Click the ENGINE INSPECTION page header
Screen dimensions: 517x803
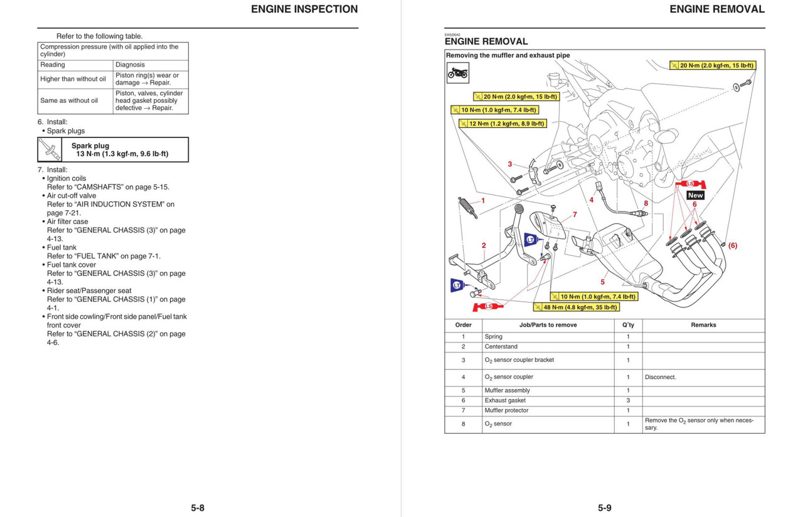point(304,9)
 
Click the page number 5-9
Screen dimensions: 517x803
point(604,508)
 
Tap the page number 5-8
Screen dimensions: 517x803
point(198,508)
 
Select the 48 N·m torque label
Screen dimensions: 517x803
point(576,307)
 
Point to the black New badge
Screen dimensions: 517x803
point(695,195)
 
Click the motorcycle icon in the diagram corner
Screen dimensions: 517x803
point(457,73)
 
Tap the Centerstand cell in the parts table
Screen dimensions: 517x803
point(501,346)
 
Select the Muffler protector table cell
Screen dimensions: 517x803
point(506,410)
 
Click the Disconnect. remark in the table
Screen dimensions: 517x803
point(660,377)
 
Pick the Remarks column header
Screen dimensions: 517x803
point(703,325)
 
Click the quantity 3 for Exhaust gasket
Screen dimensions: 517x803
point(628,400)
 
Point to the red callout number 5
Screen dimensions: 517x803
point(603,282)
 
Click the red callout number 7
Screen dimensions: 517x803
point(574,215)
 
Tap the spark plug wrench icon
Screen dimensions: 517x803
point(50,150)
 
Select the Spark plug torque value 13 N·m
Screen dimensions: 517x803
point(122,154)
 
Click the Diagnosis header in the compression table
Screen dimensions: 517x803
point(130,65)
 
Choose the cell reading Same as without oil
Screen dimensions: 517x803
point(69,100)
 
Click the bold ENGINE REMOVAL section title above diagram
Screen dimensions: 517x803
point(486,41)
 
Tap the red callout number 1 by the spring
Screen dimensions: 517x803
point(483,201)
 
